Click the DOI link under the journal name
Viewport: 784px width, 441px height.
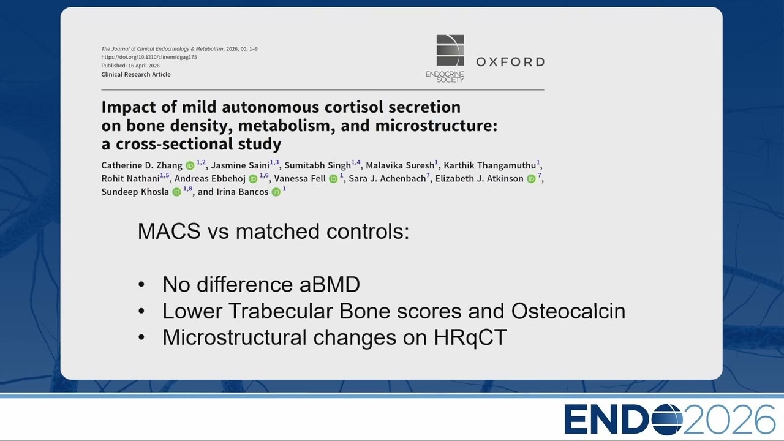(x=149, y=57)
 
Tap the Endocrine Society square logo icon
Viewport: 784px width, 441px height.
(x=450, y=50)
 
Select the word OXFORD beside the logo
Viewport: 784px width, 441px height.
(x=510, y=62)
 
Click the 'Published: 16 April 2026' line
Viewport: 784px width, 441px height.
(x=130, y=66)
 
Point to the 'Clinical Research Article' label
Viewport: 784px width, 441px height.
(x=136, y=74)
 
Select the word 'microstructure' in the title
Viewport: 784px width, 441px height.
(x=434, y=126)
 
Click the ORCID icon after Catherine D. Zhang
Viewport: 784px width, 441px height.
(x=190, y=165)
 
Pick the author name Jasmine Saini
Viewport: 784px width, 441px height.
(x=240, y=165)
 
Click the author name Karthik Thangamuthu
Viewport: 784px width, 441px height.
(x=489, y=165)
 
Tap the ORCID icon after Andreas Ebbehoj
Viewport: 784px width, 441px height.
(x=253, y=179)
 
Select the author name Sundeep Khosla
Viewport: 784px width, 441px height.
(x=135, y=192)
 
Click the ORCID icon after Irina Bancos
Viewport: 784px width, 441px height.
(x=276, y=192)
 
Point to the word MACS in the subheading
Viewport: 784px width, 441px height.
(x=169, y=232)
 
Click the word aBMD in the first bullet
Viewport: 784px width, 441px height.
(x=330, y=284)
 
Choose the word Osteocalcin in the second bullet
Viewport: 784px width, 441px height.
(x=568, y=311)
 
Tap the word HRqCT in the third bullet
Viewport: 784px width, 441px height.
(x=470, y=337)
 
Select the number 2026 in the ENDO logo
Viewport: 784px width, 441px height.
(x=729, y=420)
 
